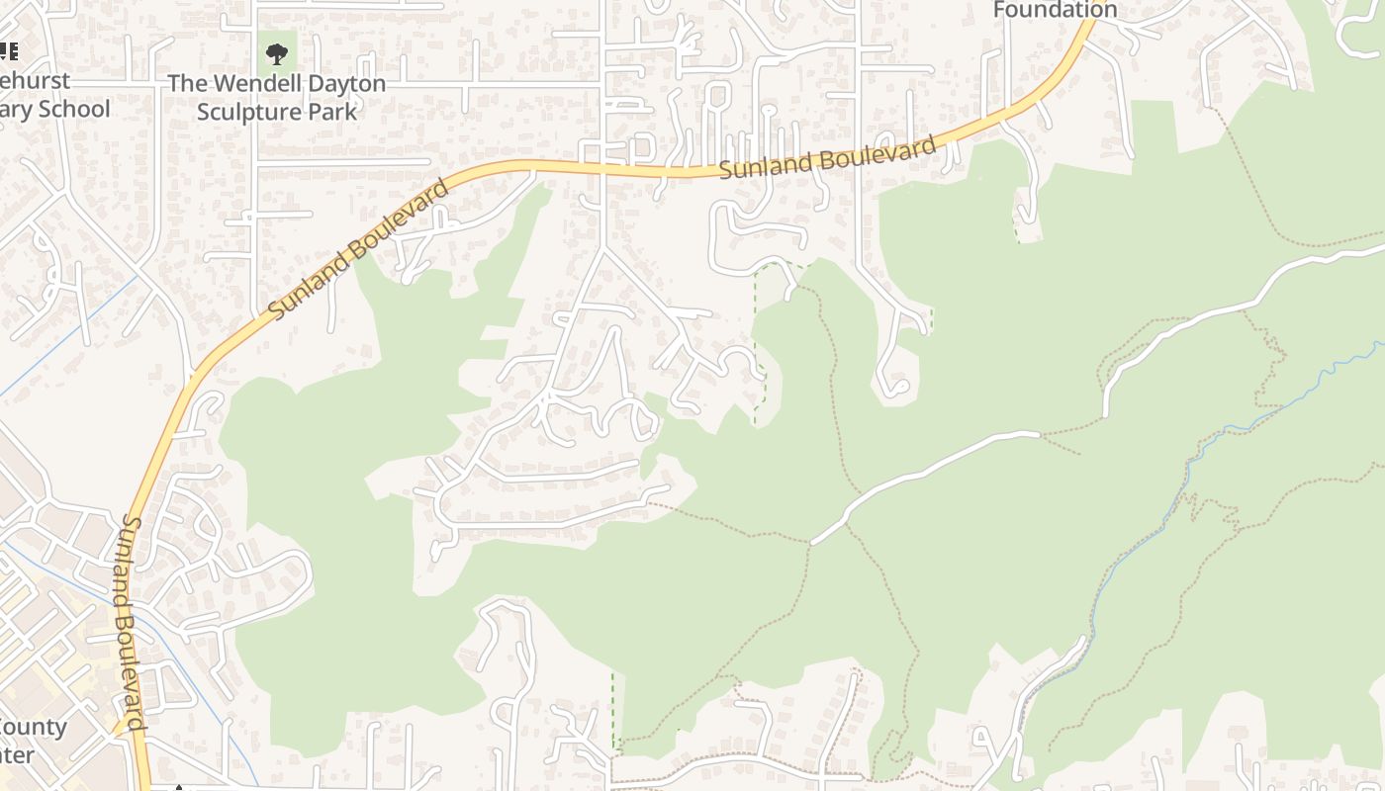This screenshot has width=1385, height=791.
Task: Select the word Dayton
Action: (341, 84)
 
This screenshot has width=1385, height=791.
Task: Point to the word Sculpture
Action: (253, 111)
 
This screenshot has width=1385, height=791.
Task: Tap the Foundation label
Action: (1055, 10)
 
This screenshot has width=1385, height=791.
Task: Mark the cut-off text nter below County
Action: (18, 756)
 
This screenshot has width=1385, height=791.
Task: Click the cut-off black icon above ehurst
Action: (9, 51)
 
